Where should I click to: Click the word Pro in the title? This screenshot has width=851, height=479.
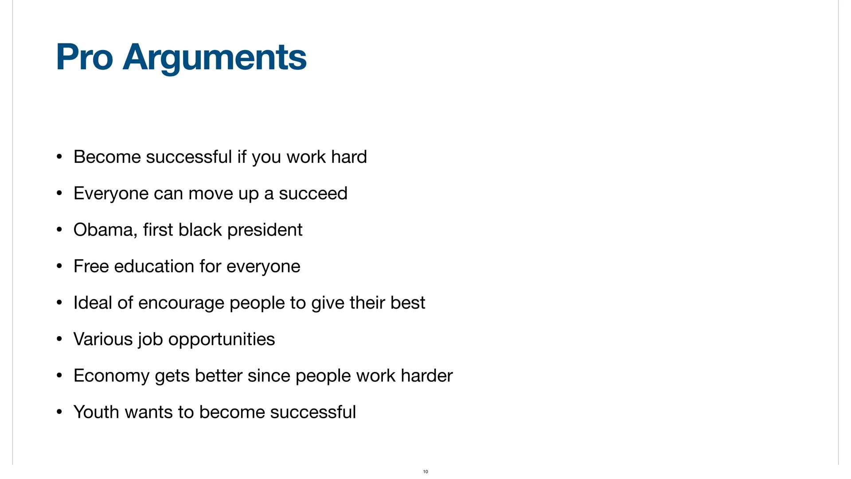(x=84, y=57)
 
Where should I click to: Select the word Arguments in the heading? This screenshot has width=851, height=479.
(x=215, y=58)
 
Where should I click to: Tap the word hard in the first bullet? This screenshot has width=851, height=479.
(x=349, y=157)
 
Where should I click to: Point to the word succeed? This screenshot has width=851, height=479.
(x=313, y=193)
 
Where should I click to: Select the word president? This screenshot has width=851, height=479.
(x=265, y=230)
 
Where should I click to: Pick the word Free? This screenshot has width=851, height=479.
(x=91, y=266)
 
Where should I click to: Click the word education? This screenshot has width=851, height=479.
(x=154, y=266)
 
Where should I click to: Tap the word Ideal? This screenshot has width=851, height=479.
(x=93, y=302)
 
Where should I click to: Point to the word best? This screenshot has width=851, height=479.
(x=408, y=302)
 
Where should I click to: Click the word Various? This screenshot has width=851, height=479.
(x=103, y=339)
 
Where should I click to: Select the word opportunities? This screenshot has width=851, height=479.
(x=222, y=340)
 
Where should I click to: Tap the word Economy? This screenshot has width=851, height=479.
(x=111, y=376)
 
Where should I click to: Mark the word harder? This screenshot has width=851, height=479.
(x=427, y=376)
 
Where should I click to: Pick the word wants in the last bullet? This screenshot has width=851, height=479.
(x=148, y=412)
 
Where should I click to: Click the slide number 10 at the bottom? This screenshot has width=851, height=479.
(x=425, y=471)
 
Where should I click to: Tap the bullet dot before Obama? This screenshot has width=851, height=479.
(x=59, y=230)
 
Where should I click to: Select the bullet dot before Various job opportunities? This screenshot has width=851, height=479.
(x=59, y=339)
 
